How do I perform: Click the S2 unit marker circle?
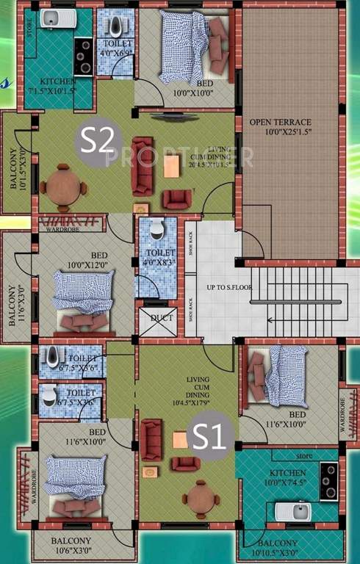click(x=96, y=139)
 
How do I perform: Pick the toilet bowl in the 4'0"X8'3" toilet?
click(x=156, y=231)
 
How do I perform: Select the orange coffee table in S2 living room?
click(x=172, y=167)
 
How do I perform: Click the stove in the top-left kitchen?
click(x=85, y=57)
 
